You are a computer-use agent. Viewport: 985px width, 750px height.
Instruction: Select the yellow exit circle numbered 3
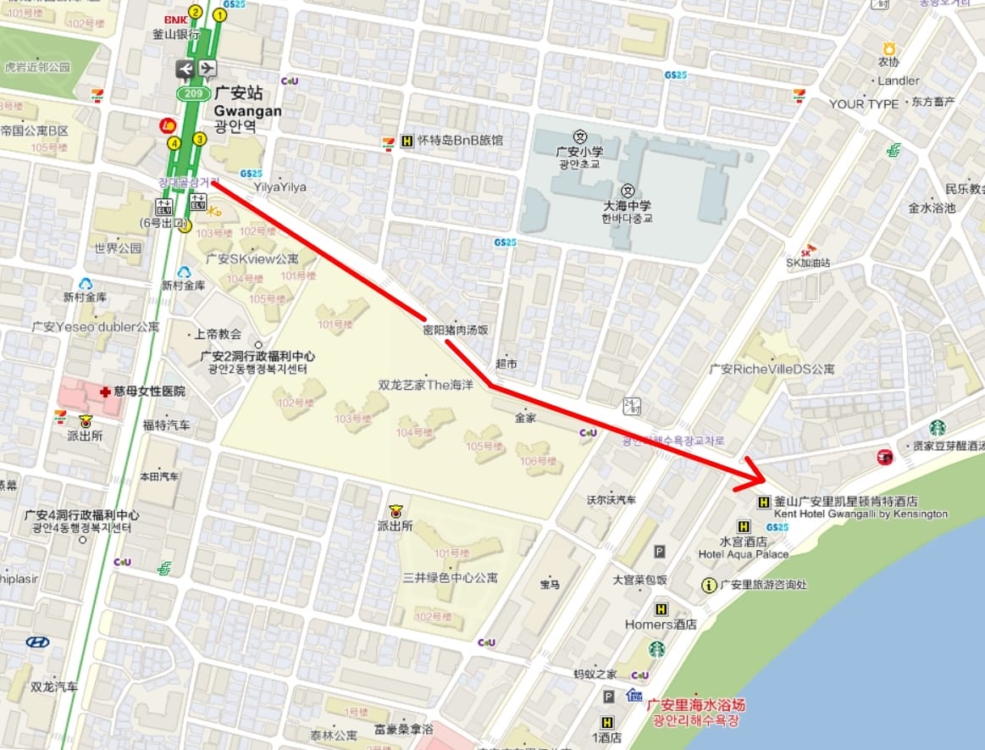200,139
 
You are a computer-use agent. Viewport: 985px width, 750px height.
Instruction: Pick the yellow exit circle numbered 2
196,12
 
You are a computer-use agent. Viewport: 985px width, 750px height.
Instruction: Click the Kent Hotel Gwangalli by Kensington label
860,514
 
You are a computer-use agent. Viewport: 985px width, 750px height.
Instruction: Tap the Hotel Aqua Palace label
743,554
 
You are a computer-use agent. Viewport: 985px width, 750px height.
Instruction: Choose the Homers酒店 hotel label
661,625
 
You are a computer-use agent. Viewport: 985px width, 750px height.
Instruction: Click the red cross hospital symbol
104,392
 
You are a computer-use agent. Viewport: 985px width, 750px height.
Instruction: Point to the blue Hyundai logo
37,642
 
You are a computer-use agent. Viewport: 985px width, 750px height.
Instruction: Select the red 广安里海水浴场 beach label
695,705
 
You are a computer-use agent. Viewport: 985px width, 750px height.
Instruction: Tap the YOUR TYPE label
863,103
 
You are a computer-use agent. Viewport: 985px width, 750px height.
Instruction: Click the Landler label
898,81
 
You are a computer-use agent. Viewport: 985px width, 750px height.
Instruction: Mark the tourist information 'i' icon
709,585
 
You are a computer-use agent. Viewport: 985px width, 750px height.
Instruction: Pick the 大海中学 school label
627,204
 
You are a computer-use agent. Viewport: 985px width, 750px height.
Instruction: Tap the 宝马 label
550,585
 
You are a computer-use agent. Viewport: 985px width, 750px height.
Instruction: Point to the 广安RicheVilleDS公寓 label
772,369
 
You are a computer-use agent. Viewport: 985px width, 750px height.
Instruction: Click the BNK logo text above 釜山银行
176,19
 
